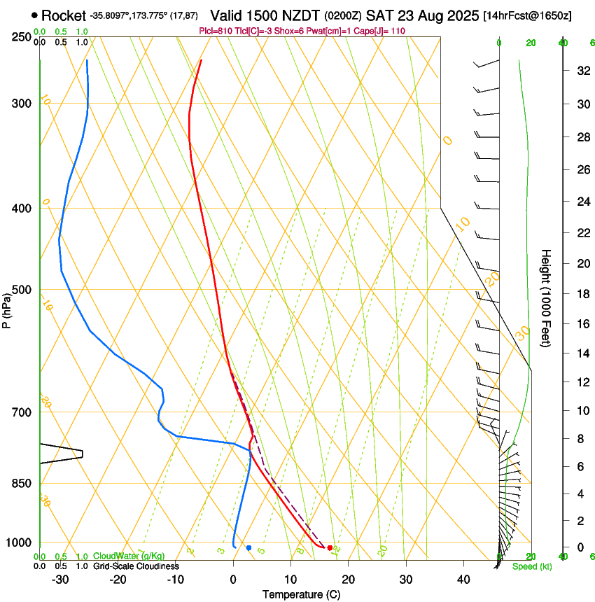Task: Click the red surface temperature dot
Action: pyautogui.click(x=330, y=547)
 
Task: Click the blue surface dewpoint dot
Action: pyautogui.click(x=248, y=547)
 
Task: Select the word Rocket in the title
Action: pyautogui.click(x=63, y=15)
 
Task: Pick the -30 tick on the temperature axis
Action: pyautogui.click(x=60, y=580)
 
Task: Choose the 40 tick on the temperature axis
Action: pyautogui.click(x=463, y=580)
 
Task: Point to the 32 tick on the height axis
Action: pyautogui.click(x=581, y=71)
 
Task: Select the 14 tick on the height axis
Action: pyautogui.click(x=581, y=354)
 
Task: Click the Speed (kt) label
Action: pyautogui.click(x=533, y=566)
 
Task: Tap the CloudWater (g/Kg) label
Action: pyautogui.click(x=129, y=556)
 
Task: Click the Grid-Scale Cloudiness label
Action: pyautogui.click(x=136, y=566)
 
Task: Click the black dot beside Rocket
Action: pyautogui.click(x=34, y=15)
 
